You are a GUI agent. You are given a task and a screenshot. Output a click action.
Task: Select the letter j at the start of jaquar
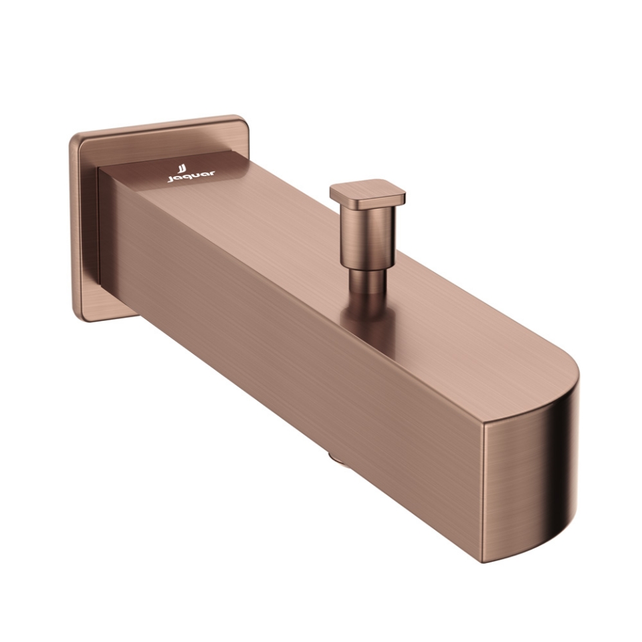(169, 179)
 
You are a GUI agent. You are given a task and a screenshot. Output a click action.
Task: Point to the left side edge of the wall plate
(74, 227)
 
